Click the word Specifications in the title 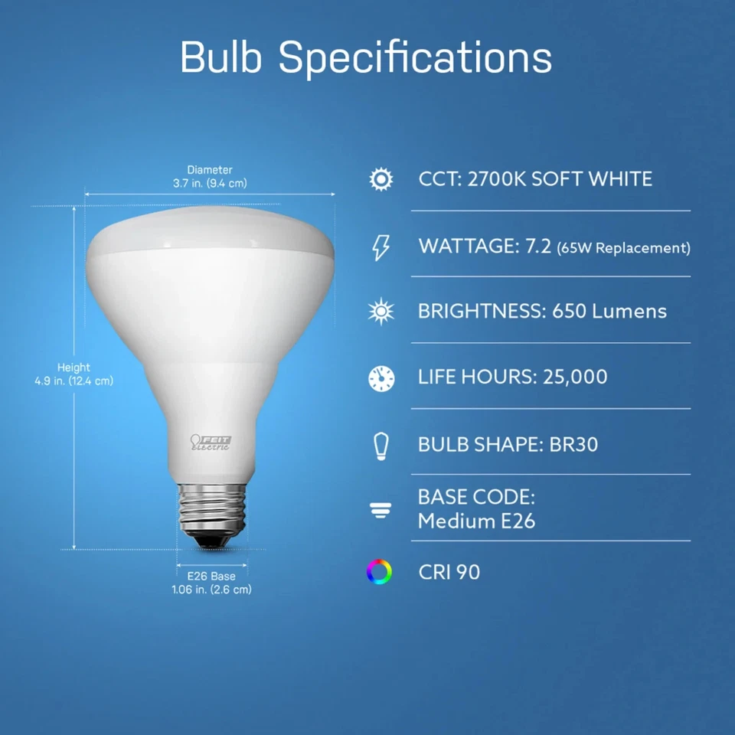pos(415,58)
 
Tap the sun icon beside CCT pos(381,180)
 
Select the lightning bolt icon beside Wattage pos(381,247)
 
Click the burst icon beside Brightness pos(381,312)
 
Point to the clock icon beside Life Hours pos(381,377)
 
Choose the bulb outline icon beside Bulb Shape pos(381,444)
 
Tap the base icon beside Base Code pos(381,511)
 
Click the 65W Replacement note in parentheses pos(623,248)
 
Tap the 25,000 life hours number pos(575,377)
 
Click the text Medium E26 pos(476,522)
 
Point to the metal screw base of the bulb pos(211,509)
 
